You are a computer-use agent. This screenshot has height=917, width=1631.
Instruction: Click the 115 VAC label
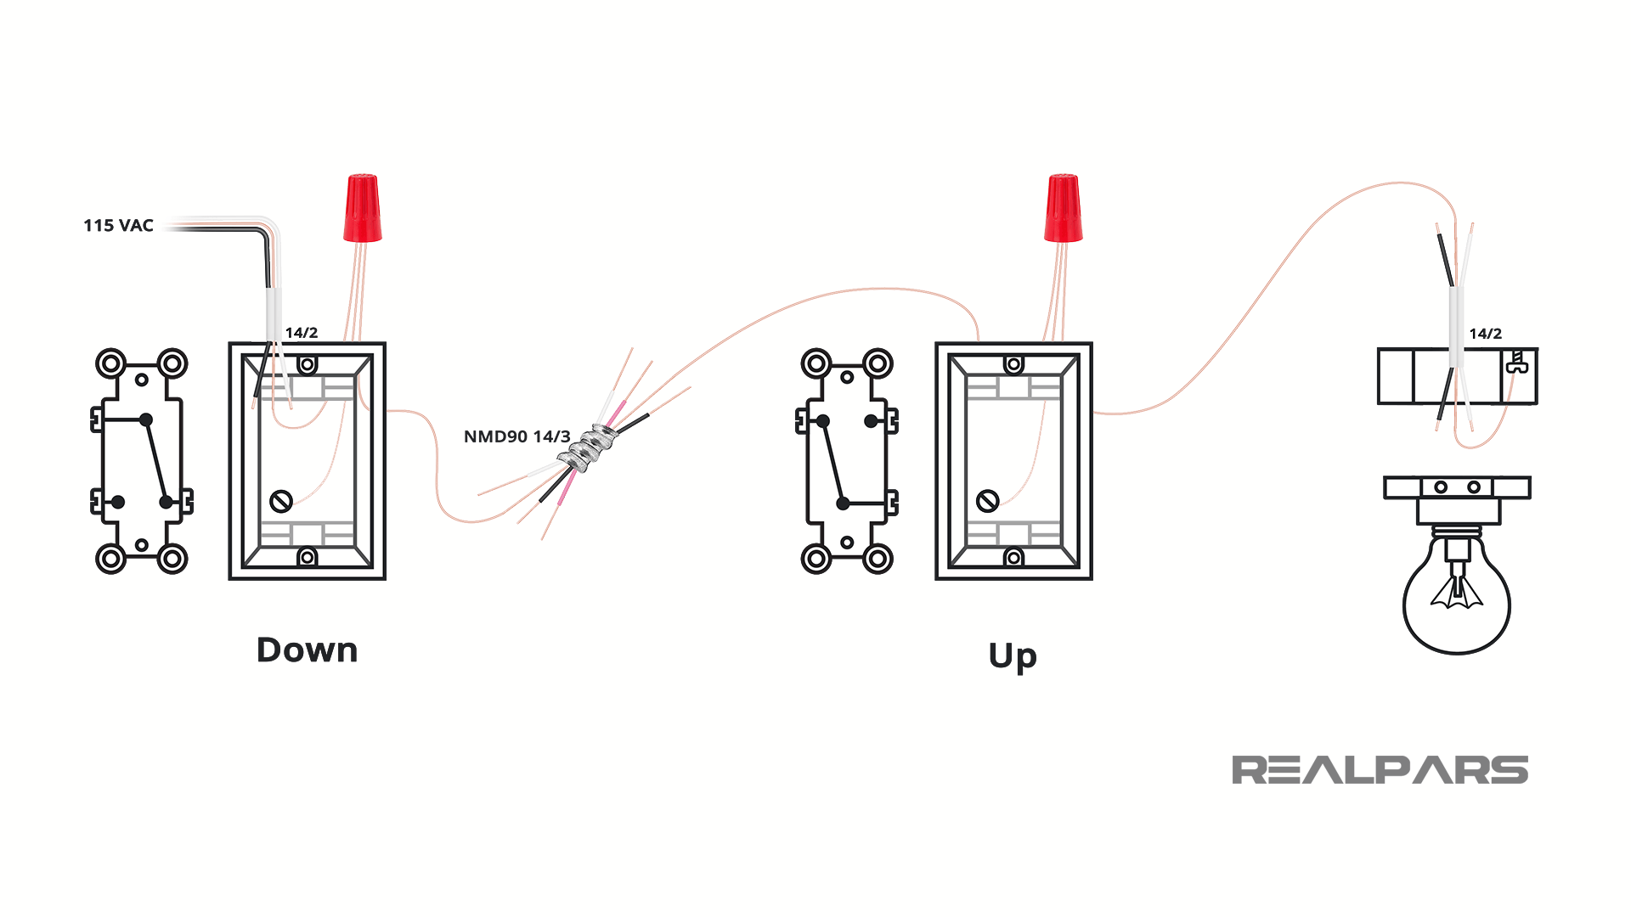[118, 226]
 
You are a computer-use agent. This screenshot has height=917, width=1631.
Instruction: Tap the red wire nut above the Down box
[363, 208]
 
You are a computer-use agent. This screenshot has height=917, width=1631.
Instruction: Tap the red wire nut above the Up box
[1064, 208]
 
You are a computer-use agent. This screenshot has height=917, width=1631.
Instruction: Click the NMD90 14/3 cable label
[516, 436]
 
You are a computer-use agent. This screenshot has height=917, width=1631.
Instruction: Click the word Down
[307, 650]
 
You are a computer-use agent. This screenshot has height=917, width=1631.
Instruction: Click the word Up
[1013, 656]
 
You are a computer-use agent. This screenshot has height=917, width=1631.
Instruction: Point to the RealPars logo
[1380, 770]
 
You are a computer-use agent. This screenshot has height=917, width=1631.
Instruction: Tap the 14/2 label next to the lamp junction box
[1485, 334]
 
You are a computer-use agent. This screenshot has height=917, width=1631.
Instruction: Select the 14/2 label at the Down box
[302, 333]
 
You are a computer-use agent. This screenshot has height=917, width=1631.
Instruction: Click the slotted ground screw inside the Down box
[281, 501]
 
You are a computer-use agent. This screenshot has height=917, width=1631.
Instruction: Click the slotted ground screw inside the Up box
[987, 501]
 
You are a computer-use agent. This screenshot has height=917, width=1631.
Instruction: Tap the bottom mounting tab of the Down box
[308, 557]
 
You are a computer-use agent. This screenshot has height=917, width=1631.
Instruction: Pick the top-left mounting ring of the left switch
[110, 364]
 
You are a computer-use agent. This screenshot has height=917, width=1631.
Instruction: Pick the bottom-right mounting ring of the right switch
[878, 559]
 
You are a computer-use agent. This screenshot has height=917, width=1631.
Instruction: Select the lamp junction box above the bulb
[1457, 376]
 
